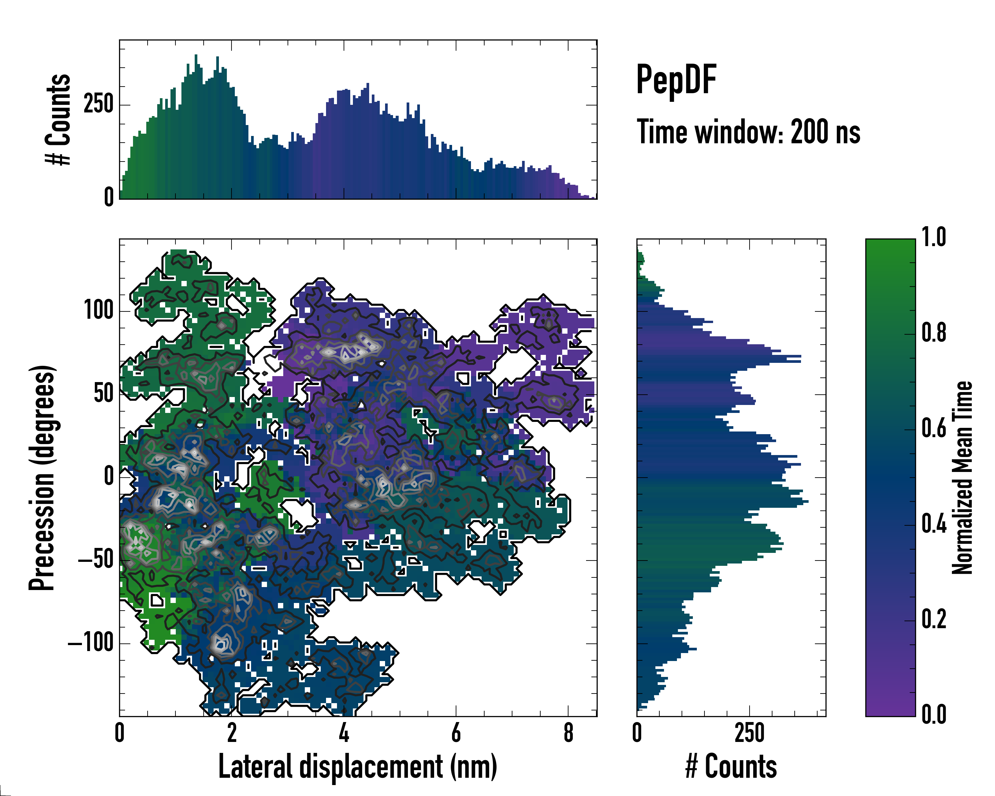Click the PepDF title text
[x=676, y=80]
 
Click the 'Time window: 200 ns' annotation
[x=748, y=132]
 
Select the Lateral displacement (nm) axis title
[x=358, y=767]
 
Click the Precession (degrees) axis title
[x=42, y=478]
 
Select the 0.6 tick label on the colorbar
[x=934, y=428]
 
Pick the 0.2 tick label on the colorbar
[x=934, y=619]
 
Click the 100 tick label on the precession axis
[x=99, y=310]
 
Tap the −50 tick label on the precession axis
[x=96, y=560]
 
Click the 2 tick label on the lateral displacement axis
[x=232, y=733]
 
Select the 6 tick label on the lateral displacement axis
[x=456, y=733]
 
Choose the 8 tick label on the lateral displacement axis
[x=568, y=733]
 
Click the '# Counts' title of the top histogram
[x=59, y=119]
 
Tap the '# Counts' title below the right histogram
[x=731, y=767]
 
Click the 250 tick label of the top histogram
[x=99, y=104]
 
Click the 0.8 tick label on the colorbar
[x=934, y=333]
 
